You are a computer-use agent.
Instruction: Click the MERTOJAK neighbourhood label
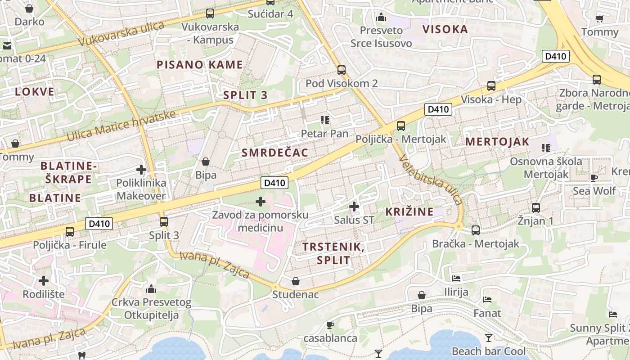[497, 141]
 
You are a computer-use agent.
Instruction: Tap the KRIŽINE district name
[409, 211]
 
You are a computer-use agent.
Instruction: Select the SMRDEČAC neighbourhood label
[275, 153]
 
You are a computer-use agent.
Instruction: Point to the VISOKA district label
[445, 30]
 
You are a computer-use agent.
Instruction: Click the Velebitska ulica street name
[430, 180]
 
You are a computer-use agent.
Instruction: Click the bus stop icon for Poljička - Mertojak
[401, 126]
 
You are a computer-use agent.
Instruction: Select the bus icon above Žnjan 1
[535, 208]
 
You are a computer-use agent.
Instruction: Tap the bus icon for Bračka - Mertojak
[476, 230]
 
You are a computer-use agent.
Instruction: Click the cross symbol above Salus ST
[354, 207]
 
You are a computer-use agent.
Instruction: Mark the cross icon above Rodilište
[44, 281]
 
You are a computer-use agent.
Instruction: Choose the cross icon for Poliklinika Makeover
[141, 170]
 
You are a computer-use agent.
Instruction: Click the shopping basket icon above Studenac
[296, 281]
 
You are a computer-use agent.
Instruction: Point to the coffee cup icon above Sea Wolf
[594, 178]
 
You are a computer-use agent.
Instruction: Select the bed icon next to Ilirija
[456, 279]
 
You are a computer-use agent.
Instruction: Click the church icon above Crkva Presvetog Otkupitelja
[151, 288]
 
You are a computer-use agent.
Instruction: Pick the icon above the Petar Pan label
[325, 120]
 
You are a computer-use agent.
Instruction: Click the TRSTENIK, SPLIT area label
[333, 253]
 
